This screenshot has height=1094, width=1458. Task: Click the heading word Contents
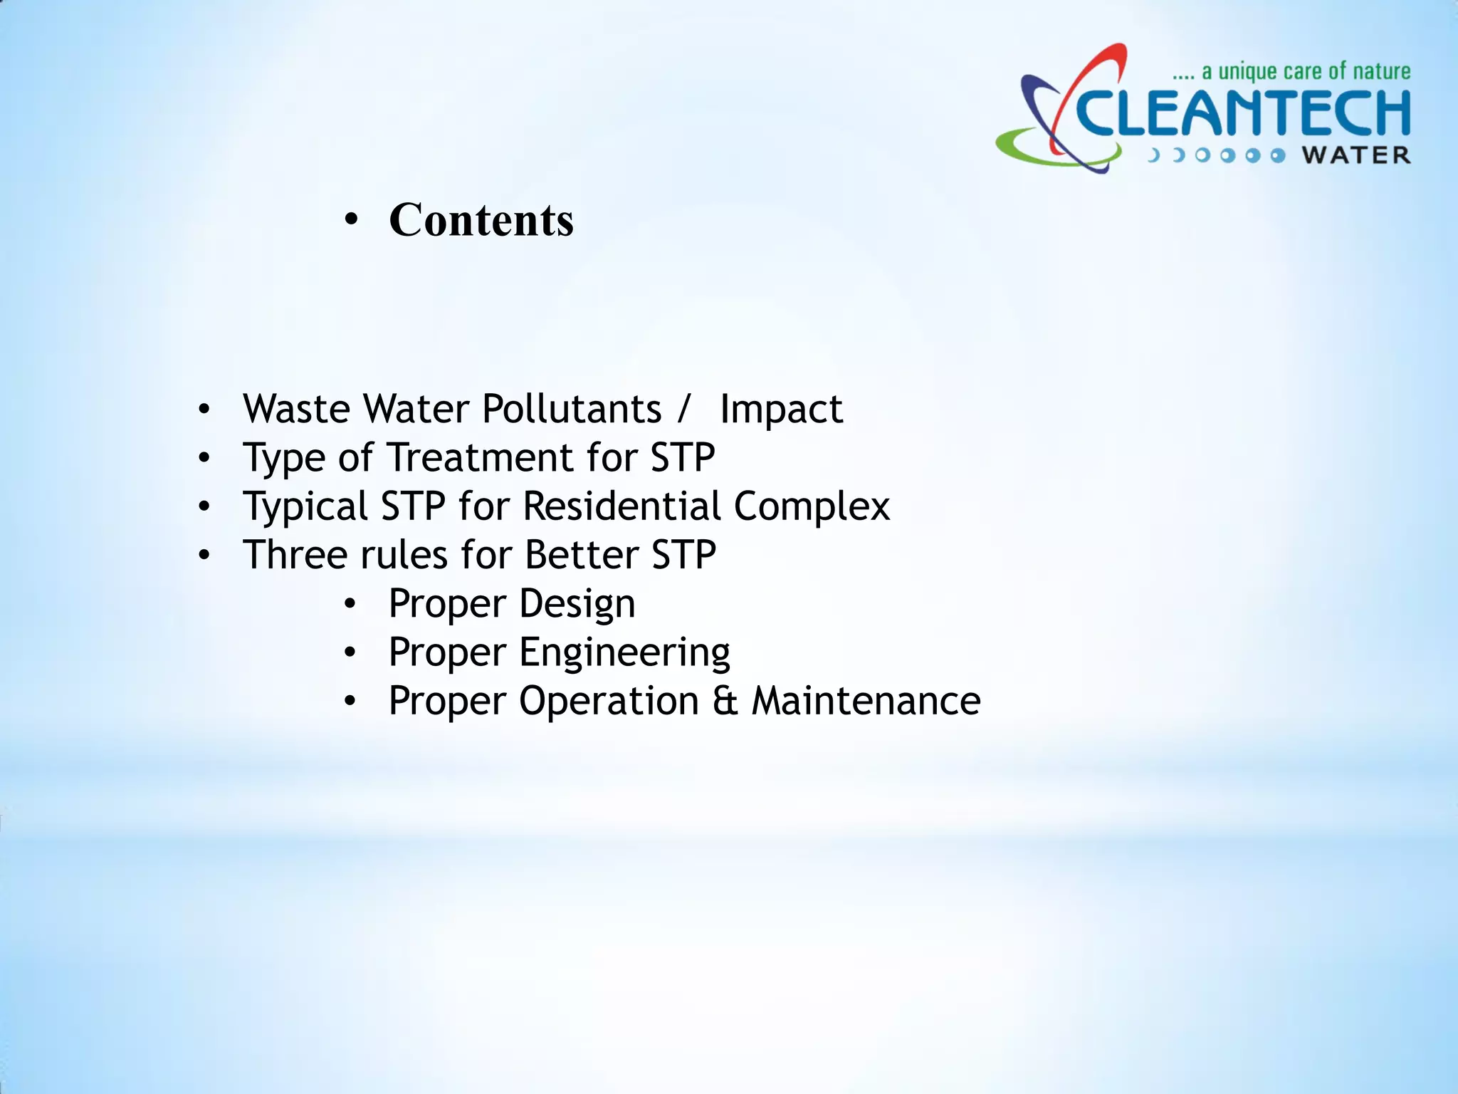[x=481, y=219]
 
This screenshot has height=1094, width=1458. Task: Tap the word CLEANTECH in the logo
[x=1243, y=114]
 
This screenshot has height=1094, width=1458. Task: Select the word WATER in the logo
[x=1357, y=155]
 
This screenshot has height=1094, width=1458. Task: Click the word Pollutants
[x=572, y=409]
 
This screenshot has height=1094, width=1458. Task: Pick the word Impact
[x=781, y=409]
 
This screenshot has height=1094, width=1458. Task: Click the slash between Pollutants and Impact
[x=683, y=409]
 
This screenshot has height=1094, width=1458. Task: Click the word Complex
[x=812, y=506]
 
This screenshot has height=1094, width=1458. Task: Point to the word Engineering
[x=624, y=652]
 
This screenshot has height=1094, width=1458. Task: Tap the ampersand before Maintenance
[x=725, y=701]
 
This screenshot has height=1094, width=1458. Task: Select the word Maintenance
[x=866, y=701]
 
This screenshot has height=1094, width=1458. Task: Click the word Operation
[x=609, y=701]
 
